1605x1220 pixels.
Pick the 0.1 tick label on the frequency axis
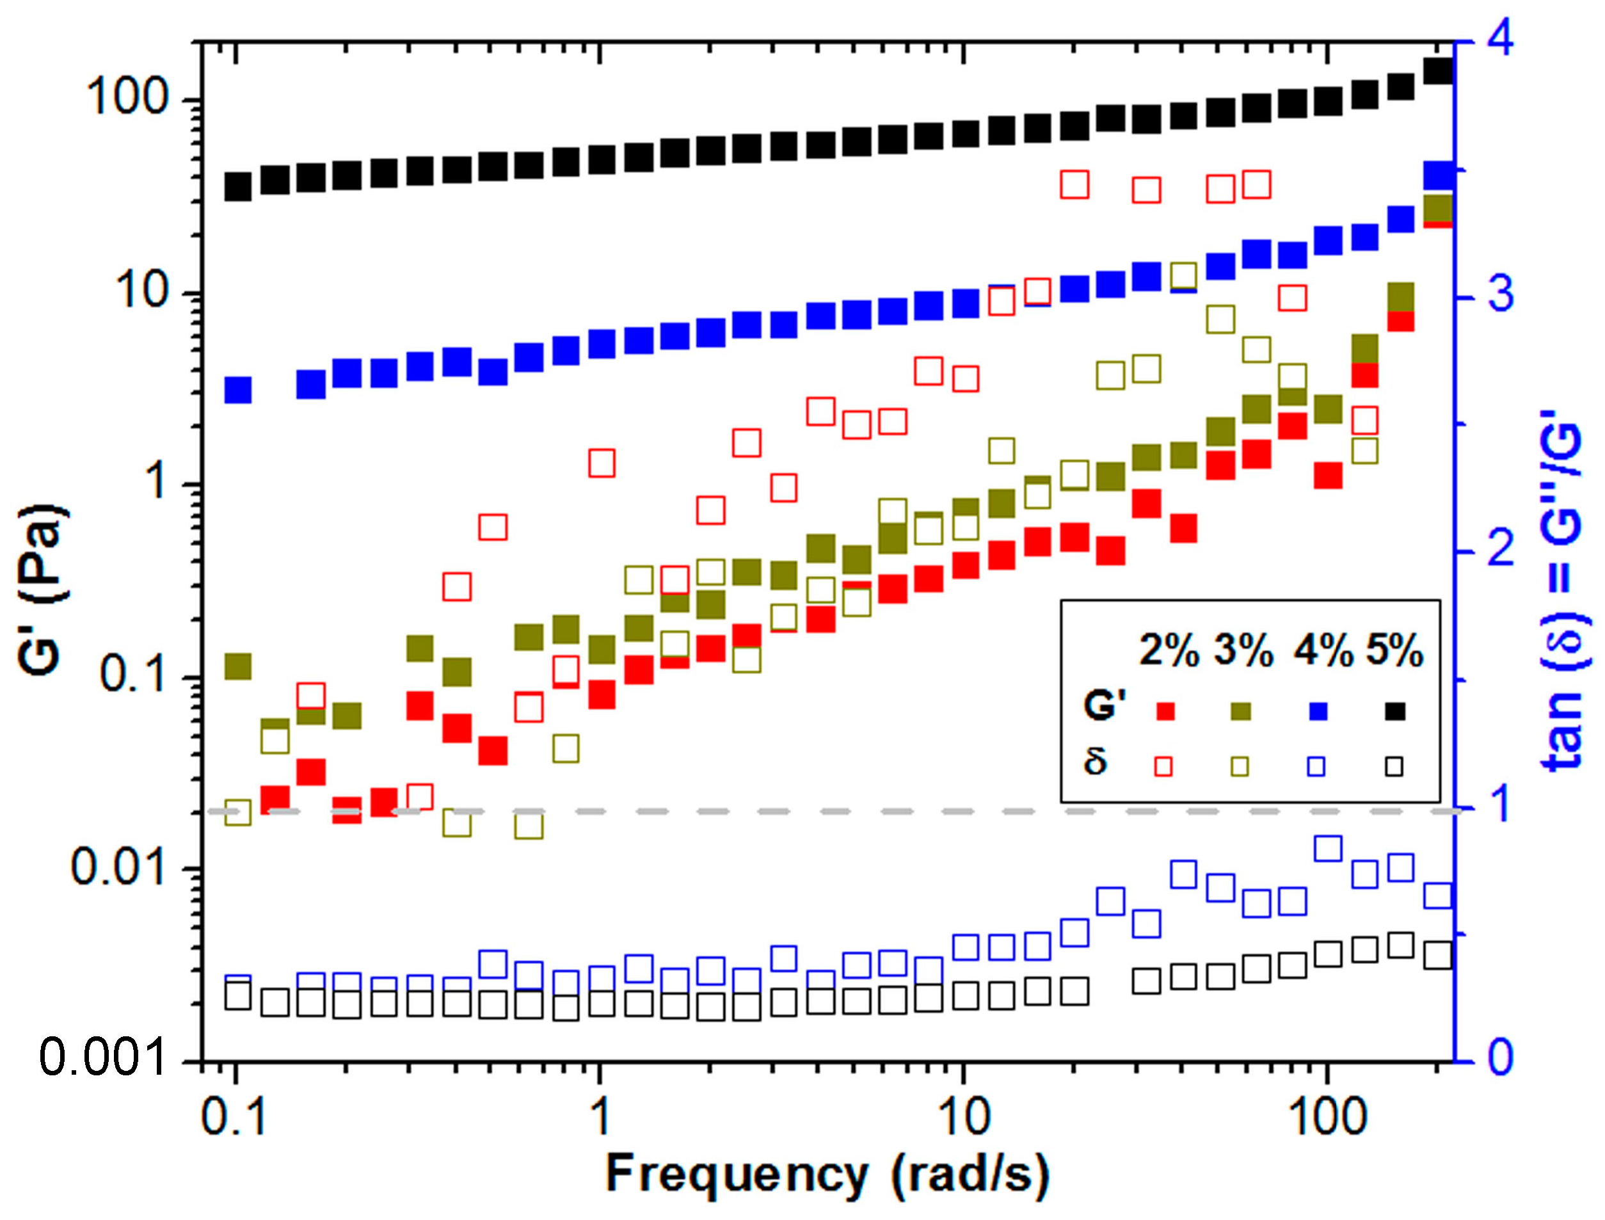(234, 1116)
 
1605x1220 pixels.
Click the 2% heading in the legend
(1169, 649)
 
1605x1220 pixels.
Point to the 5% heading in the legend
(1394, 649)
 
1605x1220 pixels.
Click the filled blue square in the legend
(1318, 711)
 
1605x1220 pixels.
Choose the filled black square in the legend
(1395, 711)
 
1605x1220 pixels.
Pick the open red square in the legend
(1163, 767)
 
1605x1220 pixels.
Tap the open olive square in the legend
(1239, 767)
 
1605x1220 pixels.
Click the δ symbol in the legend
(1096, 760)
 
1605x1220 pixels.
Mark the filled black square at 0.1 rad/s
(237, 187)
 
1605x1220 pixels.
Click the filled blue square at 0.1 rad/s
(237, 390)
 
